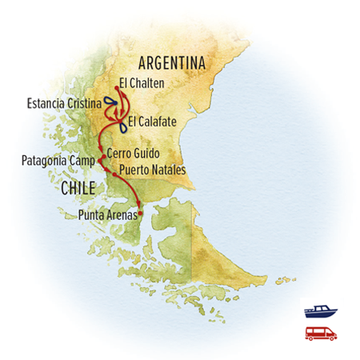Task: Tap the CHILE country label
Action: coord(78,188)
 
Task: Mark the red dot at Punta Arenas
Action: coord(141,213)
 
